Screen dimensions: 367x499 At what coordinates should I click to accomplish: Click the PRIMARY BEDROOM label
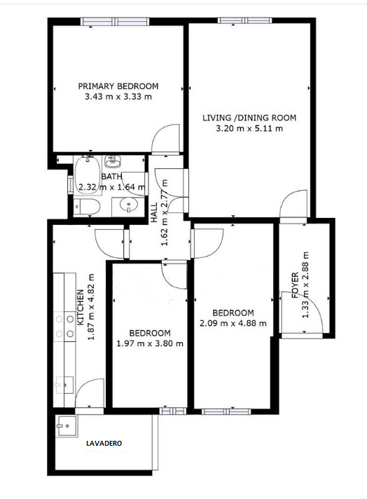[118, 86]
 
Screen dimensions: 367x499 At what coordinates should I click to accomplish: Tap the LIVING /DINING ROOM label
[249, 118]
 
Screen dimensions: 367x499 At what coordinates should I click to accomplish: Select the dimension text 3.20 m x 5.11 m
[249, 128]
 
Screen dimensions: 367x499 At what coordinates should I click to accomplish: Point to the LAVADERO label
[104, 443]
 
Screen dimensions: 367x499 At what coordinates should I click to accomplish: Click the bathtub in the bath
[87, 172]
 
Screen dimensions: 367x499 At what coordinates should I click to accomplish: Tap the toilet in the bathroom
[87, 207]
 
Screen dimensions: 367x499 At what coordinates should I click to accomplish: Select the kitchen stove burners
[64, 326]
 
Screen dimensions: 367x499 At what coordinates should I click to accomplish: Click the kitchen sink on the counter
[64, 385]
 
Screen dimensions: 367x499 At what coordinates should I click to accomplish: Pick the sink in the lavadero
[66, 426]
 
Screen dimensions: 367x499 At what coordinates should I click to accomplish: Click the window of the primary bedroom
[115, 22]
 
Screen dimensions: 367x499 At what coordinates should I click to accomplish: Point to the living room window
[245, 20]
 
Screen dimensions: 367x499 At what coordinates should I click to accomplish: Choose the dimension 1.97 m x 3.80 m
[150, 343]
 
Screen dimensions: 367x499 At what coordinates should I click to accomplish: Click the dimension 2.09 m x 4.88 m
[233, 323]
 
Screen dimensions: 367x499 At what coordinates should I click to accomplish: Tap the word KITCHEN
[81, 307]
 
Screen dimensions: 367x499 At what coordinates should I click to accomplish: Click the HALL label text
[154, 212]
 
